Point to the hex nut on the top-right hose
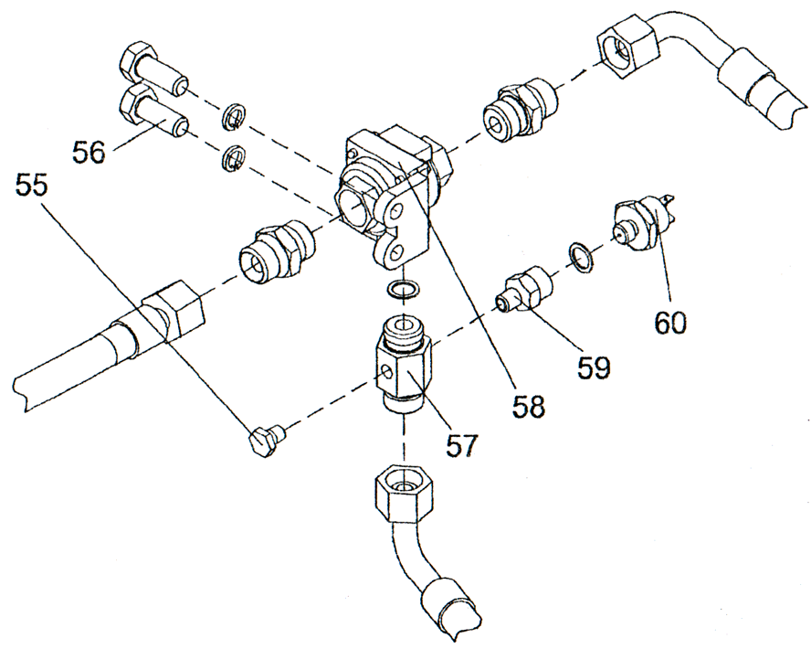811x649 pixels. click(x=627, y=45)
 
